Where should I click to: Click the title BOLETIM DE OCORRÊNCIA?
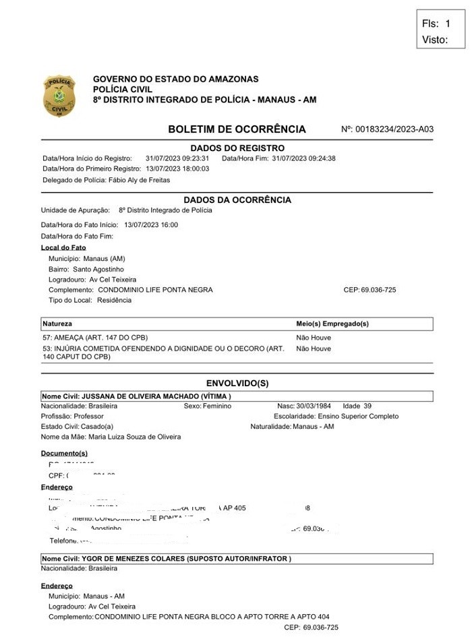237,129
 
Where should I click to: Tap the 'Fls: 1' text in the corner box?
436,24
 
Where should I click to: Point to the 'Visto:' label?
435,40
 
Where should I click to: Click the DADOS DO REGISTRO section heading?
237,148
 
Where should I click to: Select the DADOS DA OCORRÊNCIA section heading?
237,200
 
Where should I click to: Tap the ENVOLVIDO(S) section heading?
237,384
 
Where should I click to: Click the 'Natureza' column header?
57,324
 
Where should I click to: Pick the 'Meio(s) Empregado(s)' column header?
332,324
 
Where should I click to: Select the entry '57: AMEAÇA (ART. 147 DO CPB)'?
95,337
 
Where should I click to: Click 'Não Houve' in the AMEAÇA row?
314,337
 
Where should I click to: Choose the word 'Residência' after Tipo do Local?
114,300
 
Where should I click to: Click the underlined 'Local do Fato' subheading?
63,247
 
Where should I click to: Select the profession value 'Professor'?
88,417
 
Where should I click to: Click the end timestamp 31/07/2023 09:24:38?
303,158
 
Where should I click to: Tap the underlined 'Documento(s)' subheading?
64,453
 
